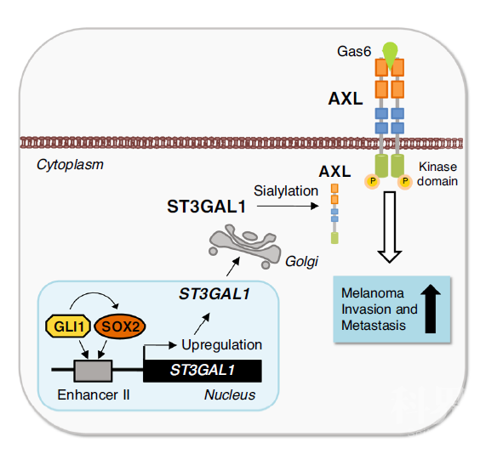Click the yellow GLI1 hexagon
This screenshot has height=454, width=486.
coord(68,326)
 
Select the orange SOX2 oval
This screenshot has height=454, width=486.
coord(120,326)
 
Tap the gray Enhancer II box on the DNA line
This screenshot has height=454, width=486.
coord(93,371)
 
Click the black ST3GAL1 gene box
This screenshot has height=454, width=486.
coord(203,371)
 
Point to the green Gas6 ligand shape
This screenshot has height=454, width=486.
coord(390,53)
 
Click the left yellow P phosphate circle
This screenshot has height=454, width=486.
coord(372,181)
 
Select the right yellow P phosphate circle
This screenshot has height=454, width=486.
coord(405,181)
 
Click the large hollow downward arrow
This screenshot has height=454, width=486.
coord(390,227)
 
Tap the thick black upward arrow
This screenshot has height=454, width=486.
coord(431,309)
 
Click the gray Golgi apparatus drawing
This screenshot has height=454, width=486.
coord(245,247)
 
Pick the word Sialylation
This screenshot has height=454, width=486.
coord(286,190)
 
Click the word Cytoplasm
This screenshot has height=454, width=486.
coord(70,164)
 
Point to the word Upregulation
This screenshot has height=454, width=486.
coord(221,344)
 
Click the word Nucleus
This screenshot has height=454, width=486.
coord(230,394)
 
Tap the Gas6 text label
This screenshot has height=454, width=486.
coord(354,51)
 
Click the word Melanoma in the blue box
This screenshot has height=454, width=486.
coord(373,293)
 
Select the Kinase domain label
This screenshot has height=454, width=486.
coord(437,173)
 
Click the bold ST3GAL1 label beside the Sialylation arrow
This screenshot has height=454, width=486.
coord(207,207)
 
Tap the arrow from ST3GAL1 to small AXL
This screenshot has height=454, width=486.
coord(288,206)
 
